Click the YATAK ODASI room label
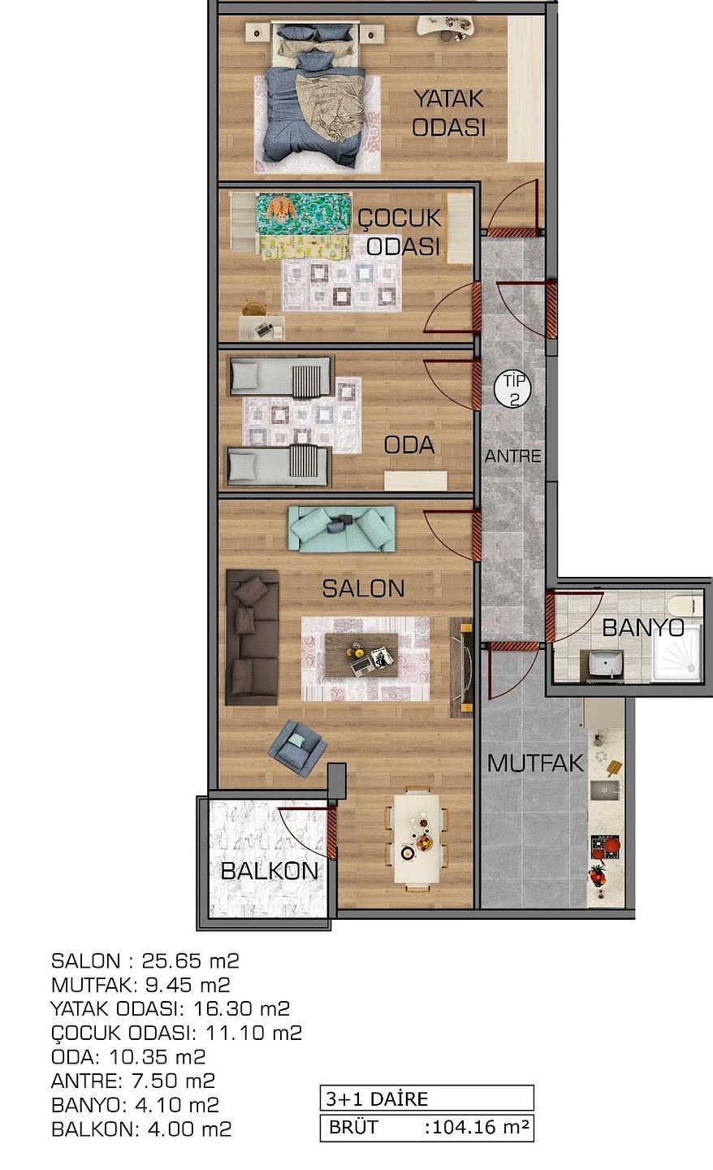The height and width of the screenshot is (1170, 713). click(x=449, y=113)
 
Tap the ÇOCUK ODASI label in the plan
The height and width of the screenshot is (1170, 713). click(x=400, y=232)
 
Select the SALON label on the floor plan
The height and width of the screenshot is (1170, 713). click(x=363, y=588)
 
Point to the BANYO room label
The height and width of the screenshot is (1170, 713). click(x=643, y=627)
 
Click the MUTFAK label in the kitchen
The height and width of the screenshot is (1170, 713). click(x=535, y=764)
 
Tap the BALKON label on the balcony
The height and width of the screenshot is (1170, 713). click(x=270, y=871)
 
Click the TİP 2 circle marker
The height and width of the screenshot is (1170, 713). click(x=513, y=389)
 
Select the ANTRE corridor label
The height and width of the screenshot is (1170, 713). click(x=512, y=456)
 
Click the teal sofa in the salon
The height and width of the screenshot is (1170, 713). click(x=342, y=529)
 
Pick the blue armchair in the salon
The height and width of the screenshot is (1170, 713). click(x=297, y=747)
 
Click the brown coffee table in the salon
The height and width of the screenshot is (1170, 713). click(x=361, y=655)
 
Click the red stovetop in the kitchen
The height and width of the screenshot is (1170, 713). click(x=605, y=847)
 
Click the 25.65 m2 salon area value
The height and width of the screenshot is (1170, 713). click(x=191, y=960)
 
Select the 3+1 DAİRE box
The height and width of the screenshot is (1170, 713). click(x=427, y=1098)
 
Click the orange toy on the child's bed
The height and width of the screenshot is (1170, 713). click(x=280, y=209)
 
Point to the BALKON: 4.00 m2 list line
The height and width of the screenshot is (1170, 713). click(x=141, y=1129)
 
